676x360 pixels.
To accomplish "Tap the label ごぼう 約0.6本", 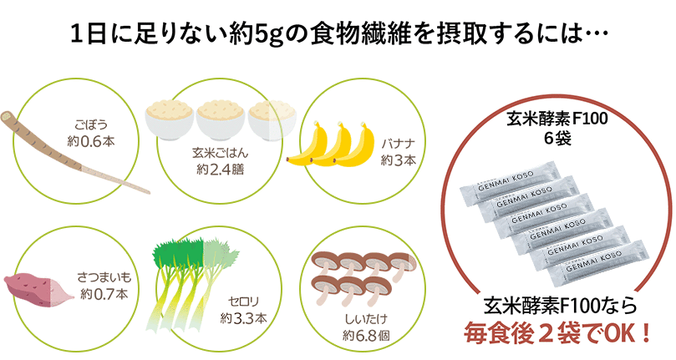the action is [91, 133].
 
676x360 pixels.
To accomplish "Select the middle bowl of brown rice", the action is [221, 121].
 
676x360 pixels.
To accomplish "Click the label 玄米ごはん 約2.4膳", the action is [221, 161].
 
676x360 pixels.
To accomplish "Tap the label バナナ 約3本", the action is [399, 152].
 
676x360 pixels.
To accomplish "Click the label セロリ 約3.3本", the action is [244, 310].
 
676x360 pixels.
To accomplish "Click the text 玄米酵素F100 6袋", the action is [557, 128].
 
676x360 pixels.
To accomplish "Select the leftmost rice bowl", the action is [169, 119].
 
